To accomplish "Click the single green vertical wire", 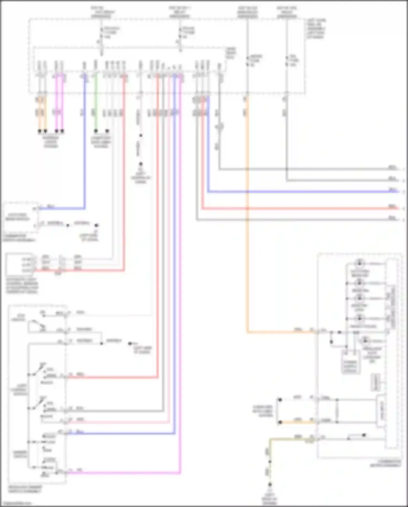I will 95,104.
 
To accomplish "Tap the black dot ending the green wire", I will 96,131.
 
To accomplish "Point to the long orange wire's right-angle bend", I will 248,332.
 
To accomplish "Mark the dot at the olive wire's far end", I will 270,484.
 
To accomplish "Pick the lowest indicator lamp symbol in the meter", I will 365,341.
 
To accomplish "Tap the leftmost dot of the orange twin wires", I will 40,131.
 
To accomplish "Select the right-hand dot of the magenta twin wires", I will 62,131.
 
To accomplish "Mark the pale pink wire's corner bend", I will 169,422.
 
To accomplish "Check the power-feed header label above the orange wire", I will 247,12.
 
